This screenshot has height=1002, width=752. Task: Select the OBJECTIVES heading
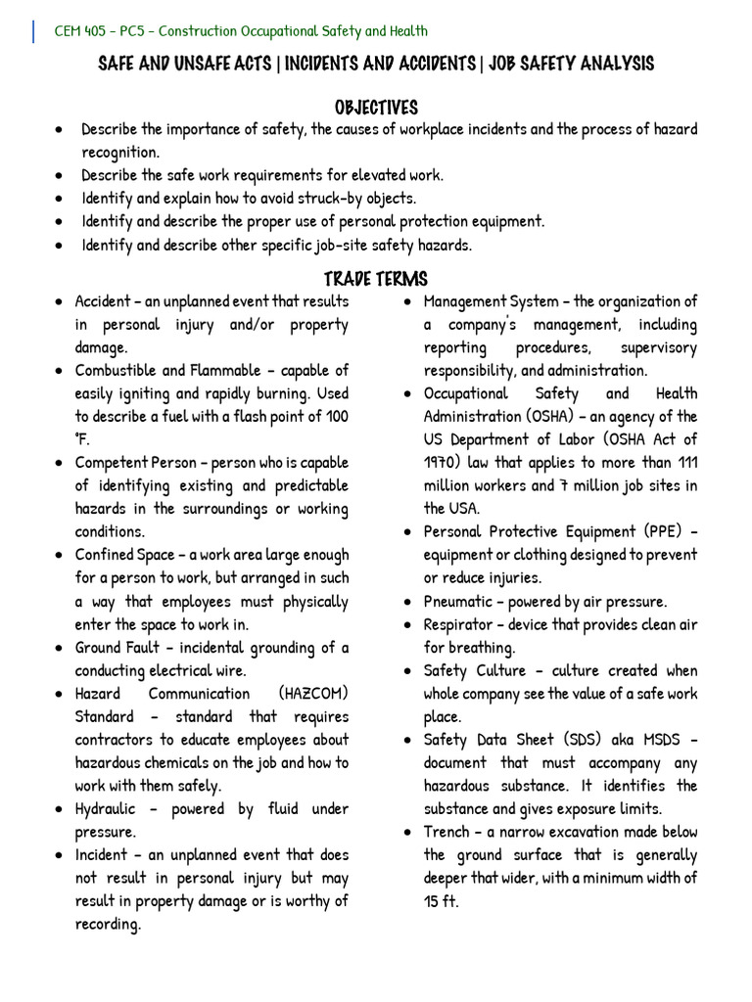point(376,107)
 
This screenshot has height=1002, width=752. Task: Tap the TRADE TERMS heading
point(376,279)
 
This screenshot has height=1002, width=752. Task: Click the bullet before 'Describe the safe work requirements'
point(62,176)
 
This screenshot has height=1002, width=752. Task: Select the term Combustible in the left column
point(117,371)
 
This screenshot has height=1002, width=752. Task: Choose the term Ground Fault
point(120,648)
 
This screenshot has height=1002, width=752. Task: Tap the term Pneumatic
point(459,601)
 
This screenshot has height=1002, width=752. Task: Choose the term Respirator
point(460,624)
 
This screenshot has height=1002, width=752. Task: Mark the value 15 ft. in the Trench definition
point(441,901)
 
